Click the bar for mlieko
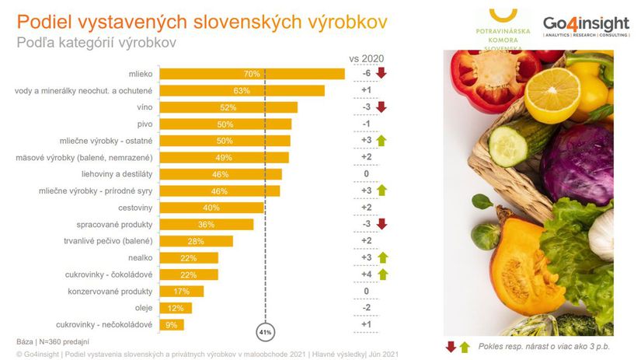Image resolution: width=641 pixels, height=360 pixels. [x=251, y=74]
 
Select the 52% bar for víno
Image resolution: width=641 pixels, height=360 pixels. [x=228, y=107]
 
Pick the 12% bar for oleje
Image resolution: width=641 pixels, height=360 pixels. [x=175, y=308]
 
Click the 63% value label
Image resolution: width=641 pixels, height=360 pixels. [x=241, y=91]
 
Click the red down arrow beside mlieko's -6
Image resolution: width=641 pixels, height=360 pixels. [x=381, y=74]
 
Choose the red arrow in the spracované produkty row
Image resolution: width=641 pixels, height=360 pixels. [x=381, y=225]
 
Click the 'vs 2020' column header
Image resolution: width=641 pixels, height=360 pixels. [x=365, y=58]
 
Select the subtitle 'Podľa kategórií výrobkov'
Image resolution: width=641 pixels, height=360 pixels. [x=97, y=43]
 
